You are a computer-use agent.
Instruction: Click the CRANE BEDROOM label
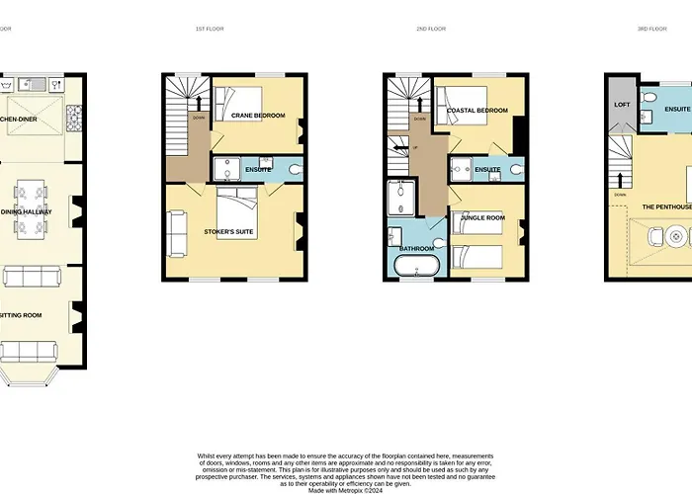(x=258, y=117)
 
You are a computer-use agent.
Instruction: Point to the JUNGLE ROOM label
(x=482, y=217)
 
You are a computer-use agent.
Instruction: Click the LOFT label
(x=622, y=104)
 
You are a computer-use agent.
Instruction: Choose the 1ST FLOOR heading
(x=210, y=30)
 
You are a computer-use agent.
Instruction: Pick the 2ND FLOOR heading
(x=431, y=30)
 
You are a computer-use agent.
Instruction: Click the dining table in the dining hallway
(x=30, y=210)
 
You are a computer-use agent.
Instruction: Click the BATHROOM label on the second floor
(x=417, y=248)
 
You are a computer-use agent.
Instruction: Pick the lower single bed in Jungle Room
(x=476, y=258)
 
